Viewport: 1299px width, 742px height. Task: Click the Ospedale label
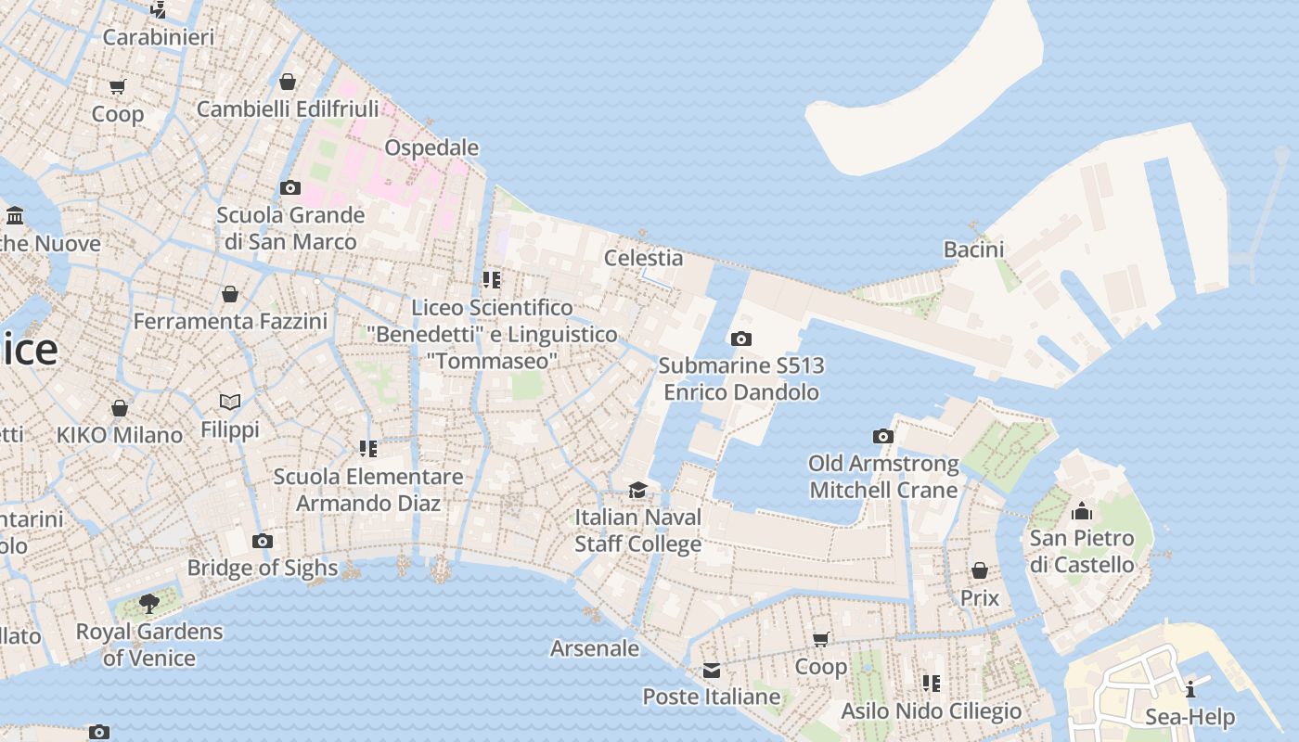431,147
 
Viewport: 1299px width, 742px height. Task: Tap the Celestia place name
643,258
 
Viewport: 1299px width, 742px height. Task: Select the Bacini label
973,249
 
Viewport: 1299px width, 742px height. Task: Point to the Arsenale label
595,648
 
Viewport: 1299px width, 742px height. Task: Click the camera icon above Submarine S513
740,339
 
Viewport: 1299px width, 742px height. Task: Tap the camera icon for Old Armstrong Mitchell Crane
883,436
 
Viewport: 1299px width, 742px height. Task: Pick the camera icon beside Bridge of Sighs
263,541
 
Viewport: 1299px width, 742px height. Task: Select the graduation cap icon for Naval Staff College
637,490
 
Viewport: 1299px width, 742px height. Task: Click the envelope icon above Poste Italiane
712,670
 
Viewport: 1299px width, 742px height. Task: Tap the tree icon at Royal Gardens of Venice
148,604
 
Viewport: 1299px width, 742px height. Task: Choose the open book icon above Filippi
230,402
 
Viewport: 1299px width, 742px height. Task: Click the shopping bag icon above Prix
980,570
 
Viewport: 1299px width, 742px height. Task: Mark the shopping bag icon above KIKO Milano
120,408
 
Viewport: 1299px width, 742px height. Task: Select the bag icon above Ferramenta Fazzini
230,294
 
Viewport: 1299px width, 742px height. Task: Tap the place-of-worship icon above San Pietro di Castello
1082,511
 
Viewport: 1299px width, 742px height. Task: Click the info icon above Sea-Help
1190,689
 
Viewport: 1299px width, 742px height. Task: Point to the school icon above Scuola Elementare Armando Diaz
368,449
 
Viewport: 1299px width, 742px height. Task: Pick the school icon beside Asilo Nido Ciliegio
932,684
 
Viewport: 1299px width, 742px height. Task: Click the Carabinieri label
159,37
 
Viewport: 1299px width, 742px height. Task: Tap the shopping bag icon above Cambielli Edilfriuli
288,82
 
